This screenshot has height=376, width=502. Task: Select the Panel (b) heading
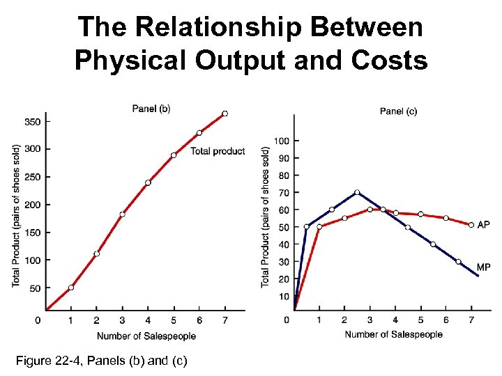[x=151, y=108]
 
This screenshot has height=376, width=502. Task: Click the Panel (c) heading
[x=398, y=111]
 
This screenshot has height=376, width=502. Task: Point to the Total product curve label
[x=218, y=151]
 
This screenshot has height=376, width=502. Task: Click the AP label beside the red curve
[x=483, y=225]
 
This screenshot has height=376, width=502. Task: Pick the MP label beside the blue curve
[x=484, y=267]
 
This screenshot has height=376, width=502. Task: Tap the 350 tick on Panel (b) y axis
[x=32, y=121]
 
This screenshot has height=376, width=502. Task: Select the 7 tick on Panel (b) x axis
[x=225, y=320]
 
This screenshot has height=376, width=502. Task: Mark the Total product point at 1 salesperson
[x=71, y=287]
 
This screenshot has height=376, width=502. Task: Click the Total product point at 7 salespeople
[x=225, y=113]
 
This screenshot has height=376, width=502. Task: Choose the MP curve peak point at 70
[x=357, y=192]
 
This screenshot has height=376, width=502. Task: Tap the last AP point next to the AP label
[x=471, y=225]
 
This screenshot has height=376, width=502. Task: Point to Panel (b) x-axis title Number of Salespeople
[x=146, y=336]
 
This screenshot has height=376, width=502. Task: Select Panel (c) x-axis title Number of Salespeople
[x=393, y=334]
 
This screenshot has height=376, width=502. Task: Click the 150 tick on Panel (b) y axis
[x=32, y=232]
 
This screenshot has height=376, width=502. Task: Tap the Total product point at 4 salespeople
[x=148, y=182]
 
